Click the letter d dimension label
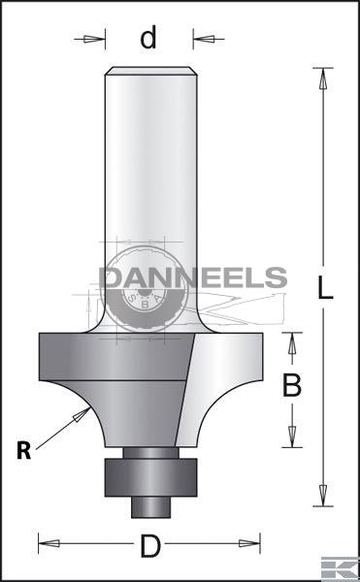[x=148, y=38]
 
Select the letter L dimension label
[x=325, y=288]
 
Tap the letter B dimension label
[x=292, y=386]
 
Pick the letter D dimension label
[x=150, y=546]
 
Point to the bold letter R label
[x=23, y=451]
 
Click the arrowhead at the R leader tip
[x=82, y=414]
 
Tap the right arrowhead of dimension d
[x=204, y=39]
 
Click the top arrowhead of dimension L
[x=323, y=79]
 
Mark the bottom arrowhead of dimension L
[x=323, y=495]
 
